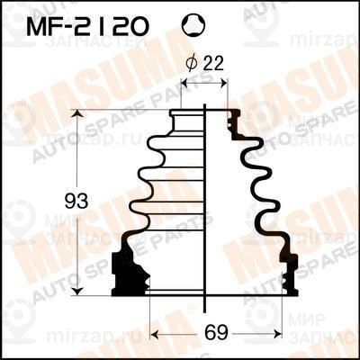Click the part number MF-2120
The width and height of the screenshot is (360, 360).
point(89,27)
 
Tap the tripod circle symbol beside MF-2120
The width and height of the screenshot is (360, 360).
point(192,27)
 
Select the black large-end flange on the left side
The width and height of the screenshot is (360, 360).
point(128,269)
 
